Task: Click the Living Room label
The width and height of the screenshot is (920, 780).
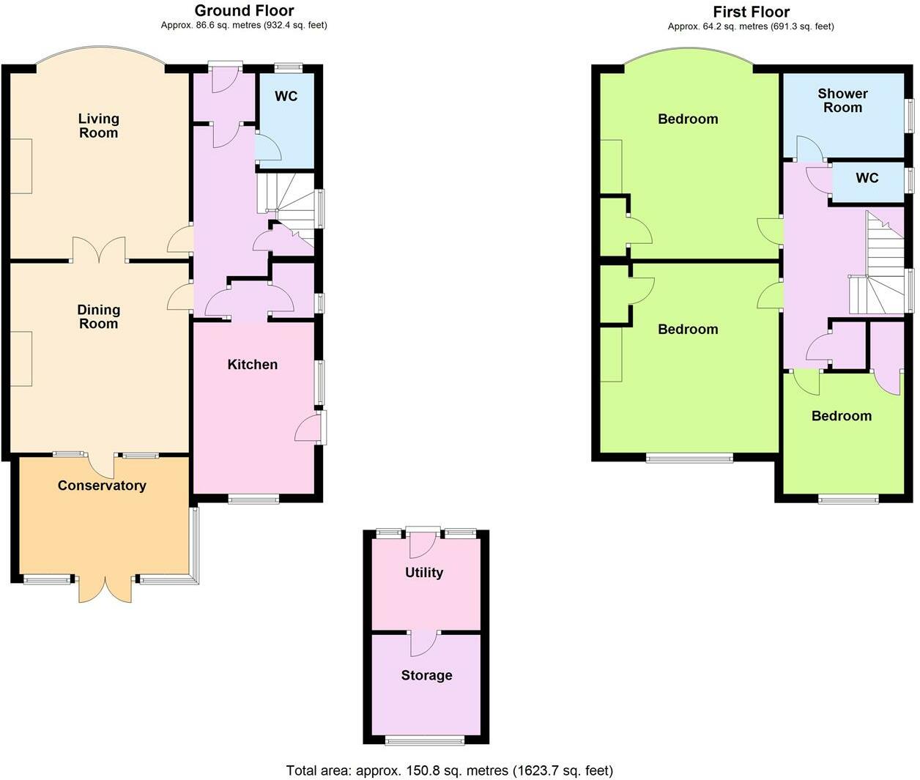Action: (x=98, y=125)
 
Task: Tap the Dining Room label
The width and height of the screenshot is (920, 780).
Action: (x=98, y=316)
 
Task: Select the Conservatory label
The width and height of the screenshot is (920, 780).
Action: (x=102, y=485)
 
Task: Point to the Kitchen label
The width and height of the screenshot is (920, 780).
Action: (x=252, y=364)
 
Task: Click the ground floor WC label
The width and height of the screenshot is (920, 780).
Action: (x=286, y=96)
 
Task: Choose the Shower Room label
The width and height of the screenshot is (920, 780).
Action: (x=842, y=100)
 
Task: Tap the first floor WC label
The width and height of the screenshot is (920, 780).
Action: (x=867, y=178)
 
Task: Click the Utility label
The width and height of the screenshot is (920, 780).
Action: (x=424, y=572)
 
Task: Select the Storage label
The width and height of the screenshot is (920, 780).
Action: (x=426, y=675)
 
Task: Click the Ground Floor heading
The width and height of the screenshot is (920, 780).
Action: (x=244, y=10)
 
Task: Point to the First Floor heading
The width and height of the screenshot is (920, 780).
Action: (x=751, y=12)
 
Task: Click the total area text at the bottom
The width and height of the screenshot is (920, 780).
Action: (x=449, y=770)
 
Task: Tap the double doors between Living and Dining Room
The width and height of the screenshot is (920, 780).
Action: (x=99, y=250)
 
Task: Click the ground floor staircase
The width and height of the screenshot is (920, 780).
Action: (x=289, y=209)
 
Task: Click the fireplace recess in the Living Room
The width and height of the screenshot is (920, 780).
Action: (x=21, y=166)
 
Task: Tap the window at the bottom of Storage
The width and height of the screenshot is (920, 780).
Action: (x=425, y=740)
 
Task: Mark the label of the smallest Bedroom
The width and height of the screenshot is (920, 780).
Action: (x=841, y=415)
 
